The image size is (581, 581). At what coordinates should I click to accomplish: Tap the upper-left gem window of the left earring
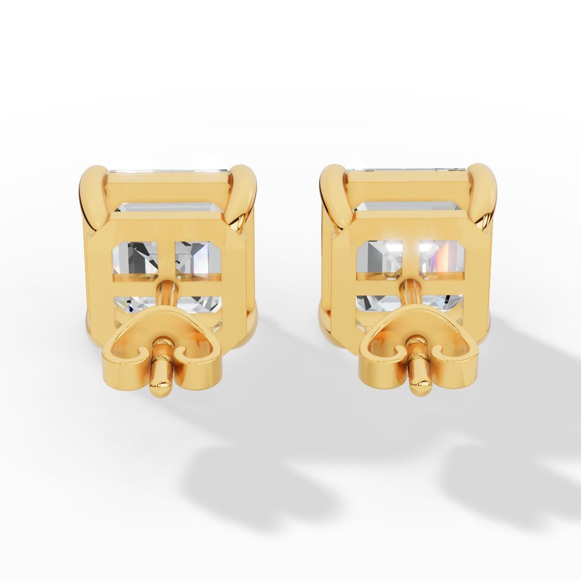click(x=135, y=258)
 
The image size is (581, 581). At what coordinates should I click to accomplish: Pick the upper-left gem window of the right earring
click(x=378, y=258)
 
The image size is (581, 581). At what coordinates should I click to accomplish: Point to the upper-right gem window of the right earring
click(x=441, y=258)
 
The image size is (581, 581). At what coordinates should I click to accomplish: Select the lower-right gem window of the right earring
click(x=445, y=302)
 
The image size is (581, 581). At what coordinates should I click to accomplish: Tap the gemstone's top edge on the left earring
click(x=169, y=170)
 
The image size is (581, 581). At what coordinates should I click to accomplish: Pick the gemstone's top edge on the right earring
click(x=407, y=169)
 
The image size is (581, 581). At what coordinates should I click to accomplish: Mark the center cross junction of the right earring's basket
click(x=411, y=276)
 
